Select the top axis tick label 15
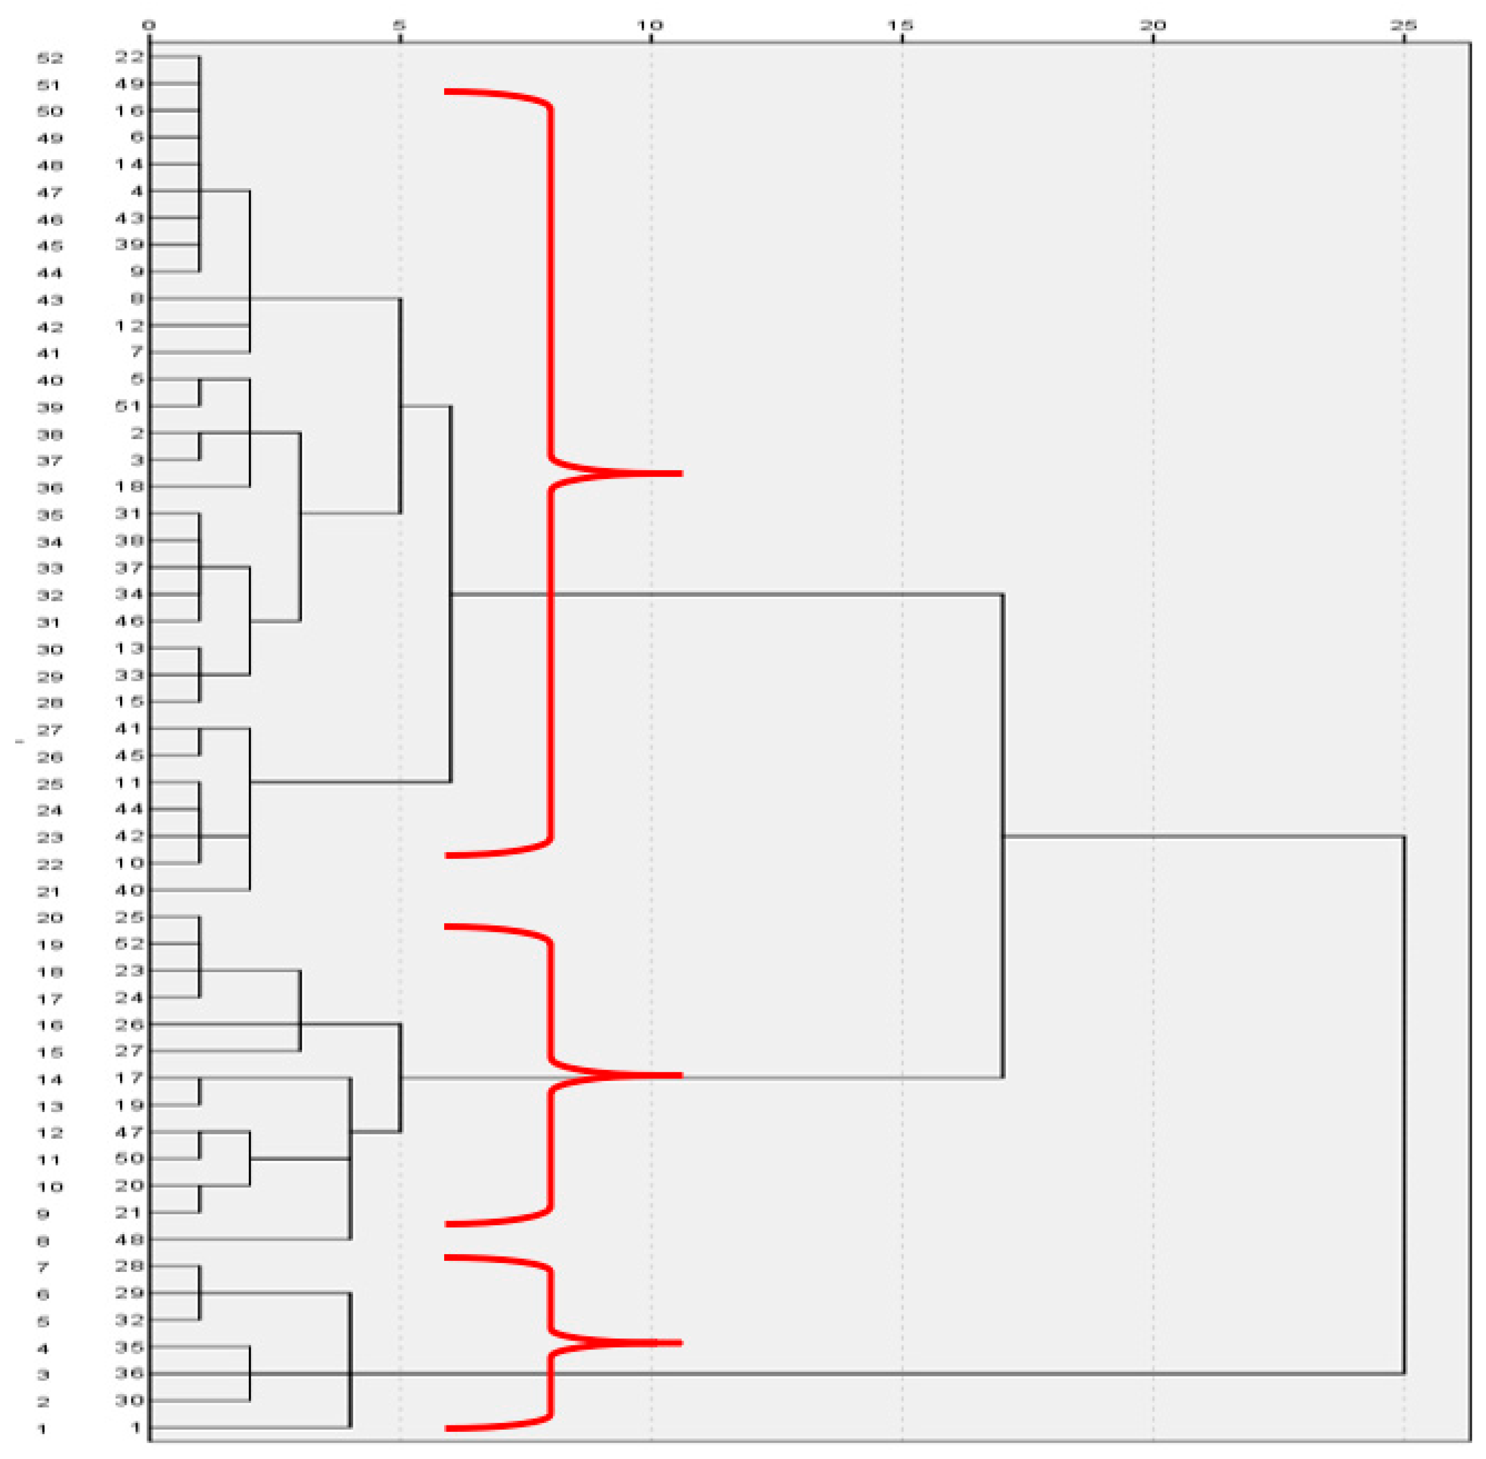click(x=901, y=25)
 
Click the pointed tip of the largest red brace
click(x=680, y=474)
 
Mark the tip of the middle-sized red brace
click(x=680, y=1075)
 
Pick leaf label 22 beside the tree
click(x=129, y=57)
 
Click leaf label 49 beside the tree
click(x=129, y=83)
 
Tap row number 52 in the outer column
click(x=50, y=58)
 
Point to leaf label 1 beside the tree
click(x=136, y=1428)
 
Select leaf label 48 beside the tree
click(x=129, y=1239)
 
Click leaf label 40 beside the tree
click(x=129, y=890)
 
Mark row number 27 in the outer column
click(x=50, y=730)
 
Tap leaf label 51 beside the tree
click(x=129, y=406)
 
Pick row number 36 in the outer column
click(x=50, y=488)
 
